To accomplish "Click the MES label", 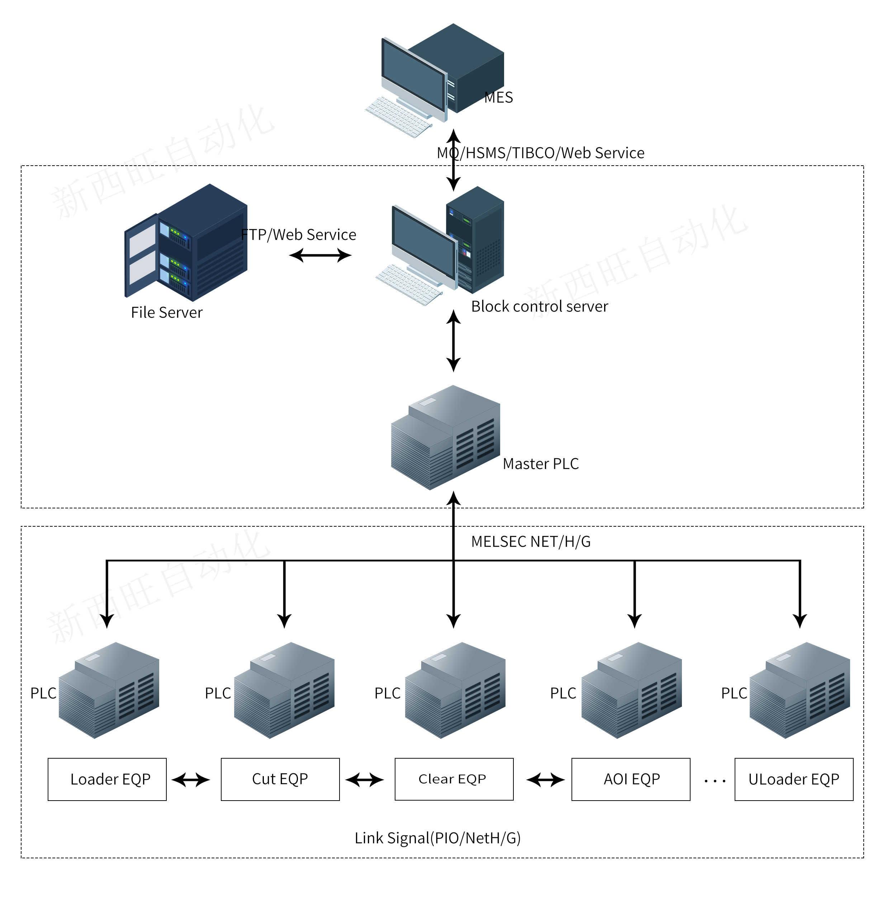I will click(x=498, y=98).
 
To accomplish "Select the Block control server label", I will click(x=540, y=307).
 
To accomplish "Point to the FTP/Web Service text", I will click(x=299, y=235).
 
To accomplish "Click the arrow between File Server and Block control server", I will click(x=321, y=255).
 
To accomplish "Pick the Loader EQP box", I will click(x=107, y=779).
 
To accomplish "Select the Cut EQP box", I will click(x=280, y=779).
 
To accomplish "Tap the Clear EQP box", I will click(x=454, y=779).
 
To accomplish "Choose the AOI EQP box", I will click(x=631, y=779).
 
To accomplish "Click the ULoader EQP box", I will click(x=794, y=779).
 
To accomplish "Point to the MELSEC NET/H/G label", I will click(x=531, y=542).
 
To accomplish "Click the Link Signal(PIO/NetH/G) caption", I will click(x=437, y=838).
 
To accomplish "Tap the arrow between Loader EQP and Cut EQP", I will click(x=191, y=780).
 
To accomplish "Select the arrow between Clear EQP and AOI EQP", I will click(x=546, y=780).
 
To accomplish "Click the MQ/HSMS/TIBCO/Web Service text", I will click(x=540, y=153).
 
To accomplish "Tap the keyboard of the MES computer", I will click(x=398, y=117).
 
